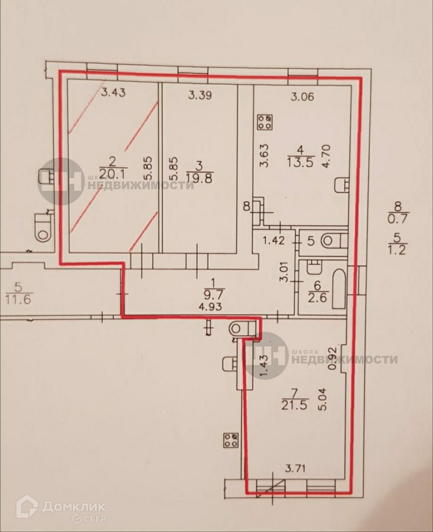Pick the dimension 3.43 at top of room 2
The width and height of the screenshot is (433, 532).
pyautogui.click(x=114, y=94)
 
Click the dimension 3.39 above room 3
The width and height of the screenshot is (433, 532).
pyautogui.click(x=200, y=95)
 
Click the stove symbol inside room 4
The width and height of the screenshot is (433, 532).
pyautogui.click(x=264, y=123)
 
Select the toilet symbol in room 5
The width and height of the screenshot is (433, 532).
pyautogui.click(x=332, y=241)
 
